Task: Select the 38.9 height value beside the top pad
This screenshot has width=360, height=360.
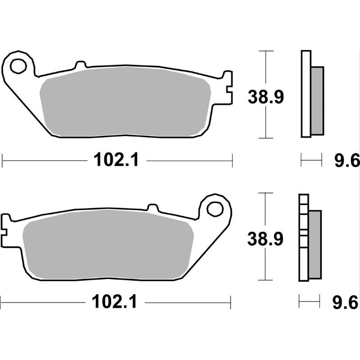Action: [266, 97]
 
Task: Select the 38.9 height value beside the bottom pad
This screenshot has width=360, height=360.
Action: [265, 239]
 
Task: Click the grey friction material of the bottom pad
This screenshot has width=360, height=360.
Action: [108, 245]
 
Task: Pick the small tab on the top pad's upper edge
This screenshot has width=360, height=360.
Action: [81, 66]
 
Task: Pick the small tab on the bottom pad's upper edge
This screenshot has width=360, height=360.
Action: [153, 208]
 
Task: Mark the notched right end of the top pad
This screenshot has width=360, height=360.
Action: [228, 88]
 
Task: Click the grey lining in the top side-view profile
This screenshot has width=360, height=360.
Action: [317, 100]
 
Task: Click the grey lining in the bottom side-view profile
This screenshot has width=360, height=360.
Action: [315, 244]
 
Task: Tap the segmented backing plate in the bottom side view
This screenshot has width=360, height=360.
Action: [303, 238]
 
